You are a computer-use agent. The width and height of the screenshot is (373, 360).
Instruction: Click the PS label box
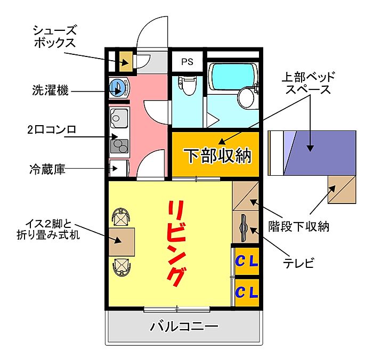[x=186, y=61]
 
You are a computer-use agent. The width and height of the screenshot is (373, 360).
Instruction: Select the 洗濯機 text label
[x=49, y=91]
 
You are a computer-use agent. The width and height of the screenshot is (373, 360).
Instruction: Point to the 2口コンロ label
[x=52, y=129]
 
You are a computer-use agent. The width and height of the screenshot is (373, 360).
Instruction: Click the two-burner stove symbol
[x=119, y=144]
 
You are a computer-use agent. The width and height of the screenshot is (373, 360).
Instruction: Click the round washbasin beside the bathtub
[x=247, y=97]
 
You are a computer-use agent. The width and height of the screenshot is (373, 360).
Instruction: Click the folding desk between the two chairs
[x=122, y=242]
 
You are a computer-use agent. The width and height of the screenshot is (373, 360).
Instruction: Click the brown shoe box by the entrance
[x=125, y=61]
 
